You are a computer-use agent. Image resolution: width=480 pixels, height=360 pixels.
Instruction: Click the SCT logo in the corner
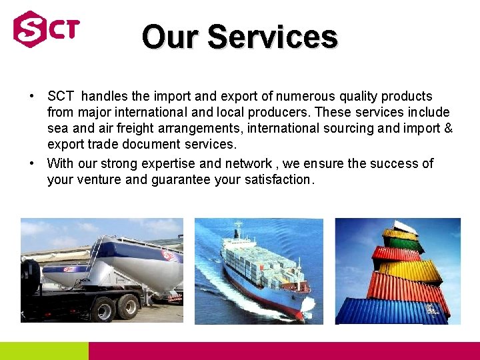pyautogui.click(x=46, y=29)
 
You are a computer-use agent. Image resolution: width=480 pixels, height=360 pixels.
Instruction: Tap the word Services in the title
pyautogui.click(x=272, y=37)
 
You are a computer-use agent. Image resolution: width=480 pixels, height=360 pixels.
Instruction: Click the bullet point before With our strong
pyautogui.click(x=32, y=163)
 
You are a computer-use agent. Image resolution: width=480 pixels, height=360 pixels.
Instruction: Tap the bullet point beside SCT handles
pyautogui.click(x=32, y=97)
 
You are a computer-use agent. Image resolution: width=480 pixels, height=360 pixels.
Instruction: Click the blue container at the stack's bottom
pyautogui.click(x=390, y=311)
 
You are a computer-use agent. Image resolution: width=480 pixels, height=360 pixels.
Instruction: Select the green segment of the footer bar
pyautogui.click(x=44, y=351)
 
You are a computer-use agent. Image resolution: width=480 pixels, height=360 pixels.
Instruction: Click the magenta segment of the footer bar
pyautogui.click(x=284, y=351)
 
